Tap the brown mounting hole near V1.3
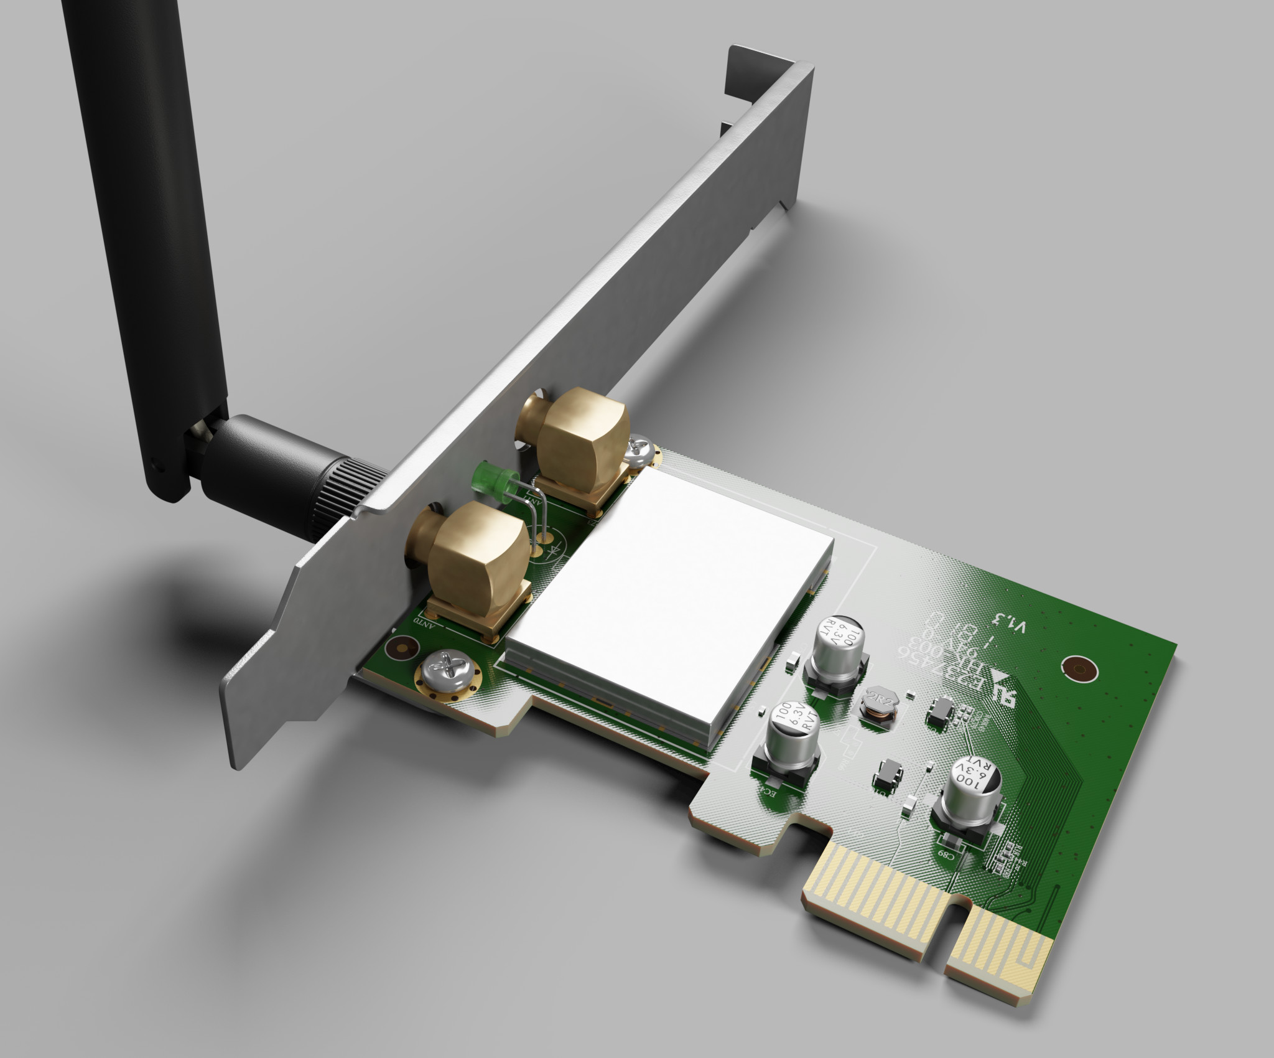coord(1077,669)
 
